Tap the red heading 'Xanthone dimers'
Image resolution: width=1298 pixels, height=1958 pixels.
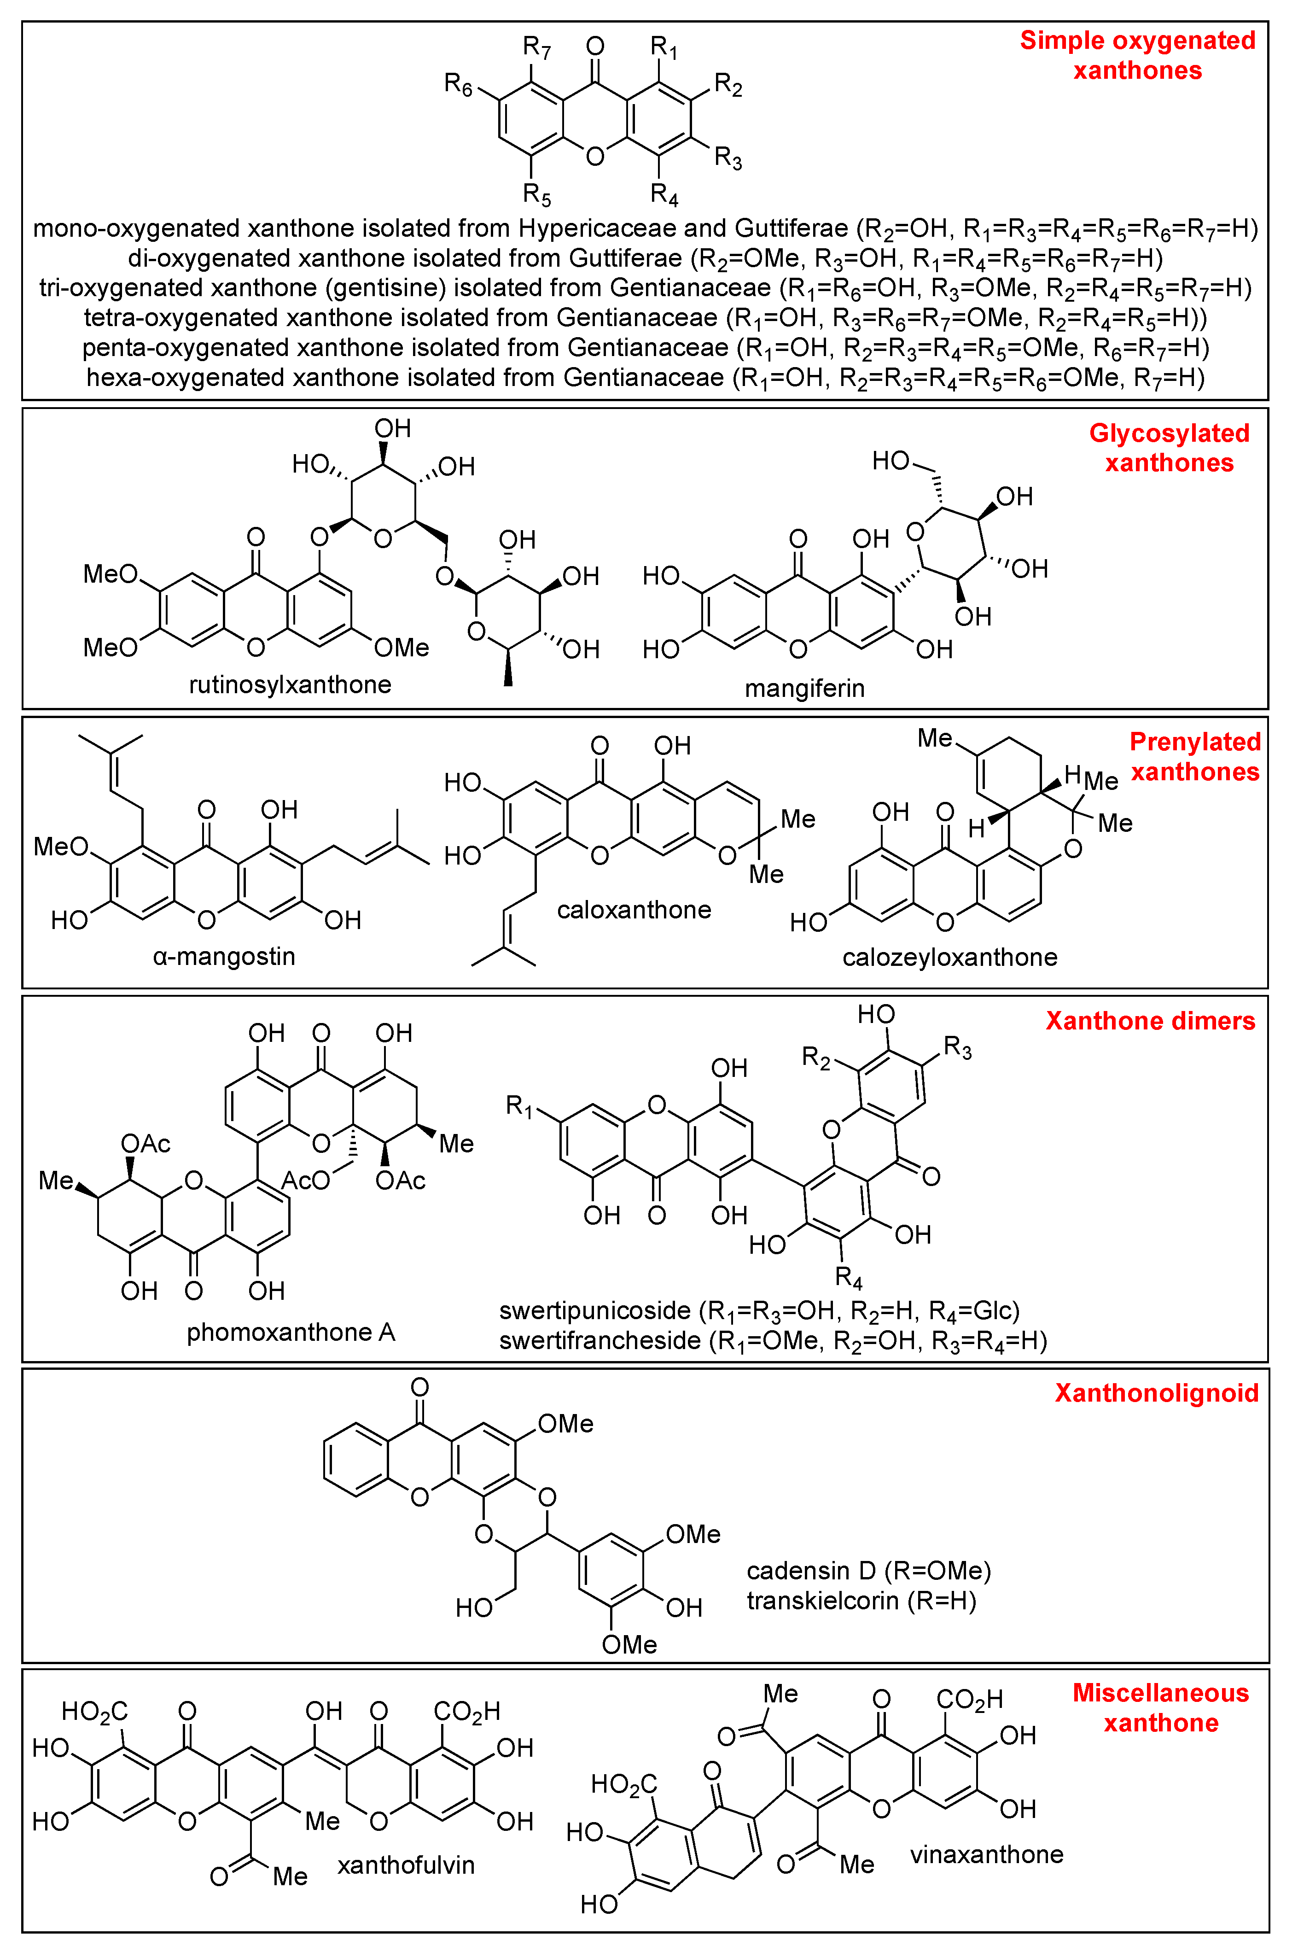pos(1150,1021)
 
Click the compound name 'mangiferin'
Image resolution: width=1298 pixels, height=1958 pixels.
pos(804,688)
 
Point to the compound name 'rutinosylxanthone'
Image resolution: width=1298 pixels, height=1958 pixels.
pos(290,685)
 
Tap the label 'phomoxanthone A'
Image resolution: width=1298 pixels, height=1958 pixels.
pos(291,1332)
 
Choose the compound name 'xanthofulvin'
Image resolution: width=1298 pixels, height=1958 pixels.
pos(406,1865)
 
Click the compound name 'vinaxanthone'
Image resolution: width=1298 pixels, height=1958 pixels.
pos(987,1854)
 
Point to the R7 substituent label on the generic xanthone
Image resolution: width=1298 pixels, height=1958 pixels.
pos(536,48)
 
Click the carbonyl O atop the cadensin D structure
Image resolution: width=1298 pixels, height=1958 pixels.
pos(420,1387)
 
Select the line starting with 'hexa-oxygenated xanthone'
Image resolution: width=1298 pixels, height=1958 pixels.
pos(645,378)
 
